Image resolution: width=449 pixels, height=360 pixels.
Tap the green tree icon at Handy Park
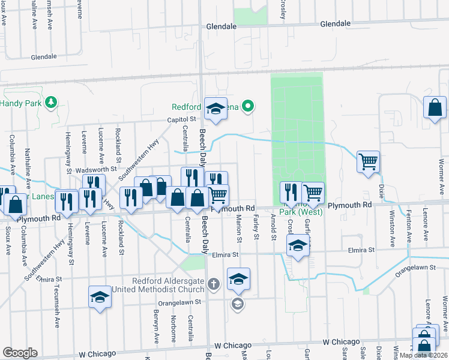point(52,101)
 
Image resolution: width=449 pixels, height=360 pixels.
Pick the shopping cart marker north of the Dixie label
point(368,161)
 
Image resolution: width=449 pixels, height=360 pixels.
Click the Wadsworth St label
point(95,170)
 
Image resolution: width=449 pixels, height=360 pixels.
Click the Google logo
point(20,353)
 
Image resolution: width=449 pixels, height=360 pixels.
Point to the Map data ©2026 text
point(423,355)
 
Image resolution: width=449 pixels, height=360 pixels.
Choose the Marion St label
point(239,227)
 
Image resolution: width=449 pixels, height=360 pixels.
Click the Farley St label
point(256,227)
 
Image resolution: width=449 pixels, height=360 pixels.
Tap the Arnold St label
point(273,227)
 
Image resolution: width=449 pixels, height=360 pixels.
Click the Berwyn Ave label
point(156,328)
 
